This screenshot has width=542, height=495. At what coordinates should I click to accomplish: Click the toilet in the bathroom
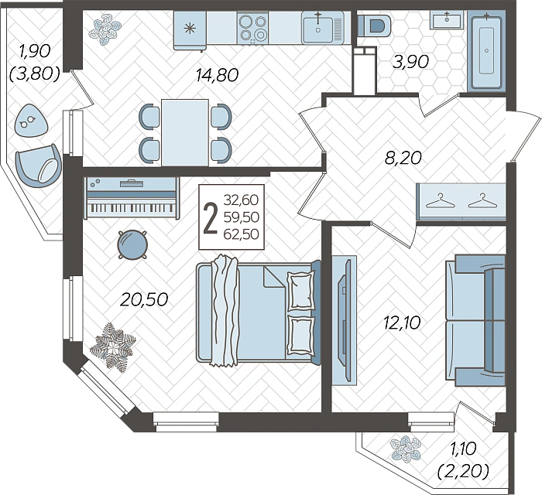point(374,26)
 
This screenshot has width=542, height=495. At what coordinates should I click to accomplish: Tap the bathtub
point(486,51)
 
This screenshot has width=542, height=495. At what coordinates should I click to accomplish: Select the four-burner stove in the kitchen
point(252,28)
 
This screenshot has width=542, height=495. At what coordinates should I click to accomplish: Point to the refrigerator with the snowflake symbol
point(190,30)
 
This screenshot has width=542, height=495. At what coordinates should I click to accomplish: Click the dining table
point(185,132)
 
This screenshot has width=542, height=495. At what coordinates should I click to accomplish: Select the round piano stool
point(132,244)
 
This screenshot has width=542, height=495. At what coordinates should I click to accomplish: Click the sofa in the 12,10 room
point(475,320)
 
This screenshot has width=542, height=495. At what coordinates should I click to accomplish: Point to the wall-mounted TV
point(345,320)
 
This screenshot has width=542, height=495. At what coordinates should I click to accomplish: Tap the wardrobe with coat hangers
point(461,202)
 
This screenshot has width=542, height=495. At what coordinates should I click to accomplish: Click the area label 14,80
point(217,75)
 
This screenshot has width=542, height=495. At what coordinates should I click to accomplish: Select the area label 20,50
point(144,299)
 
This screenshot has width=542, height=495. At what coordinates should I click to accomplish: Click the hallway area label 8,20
point(403,158)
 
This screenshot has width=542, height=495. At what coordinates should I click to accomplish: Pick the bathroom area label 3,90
point(410,62)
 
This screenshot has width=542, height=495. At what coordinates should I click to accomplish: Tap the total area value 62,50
point(242,234)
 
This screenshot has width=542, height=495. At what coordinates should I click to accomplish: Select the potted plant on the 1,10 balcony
point(406,449)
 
